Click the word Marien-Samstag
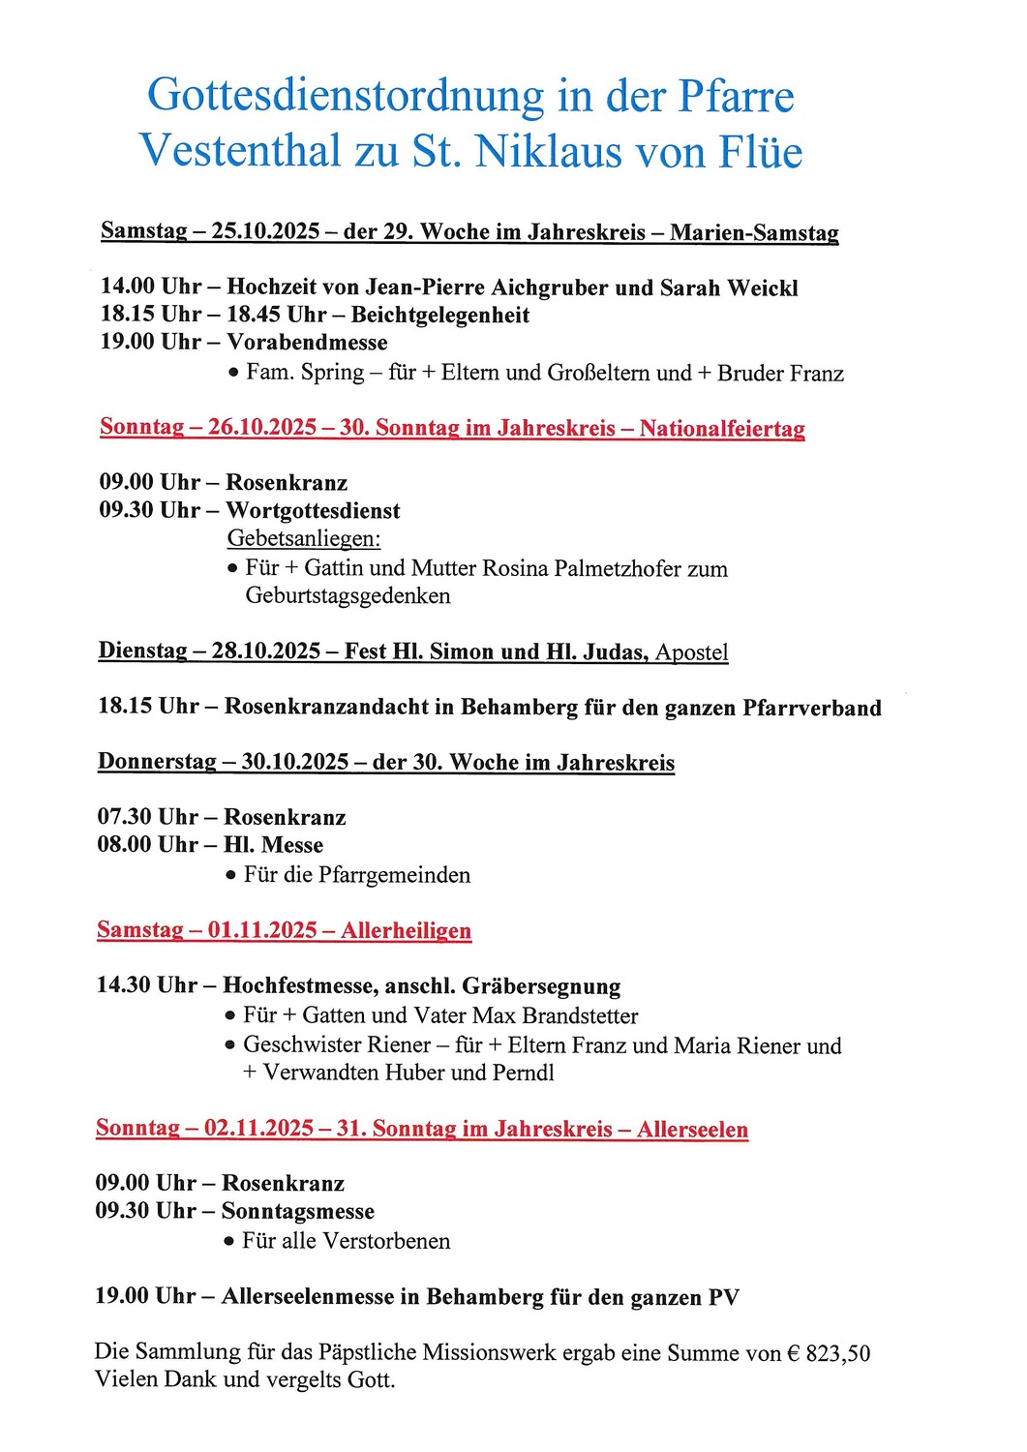coord(754,233)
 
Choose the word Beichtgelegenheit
coord(440,315)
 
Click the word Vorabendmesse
coord(307,343)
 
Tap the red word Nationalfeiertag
coord(722,429)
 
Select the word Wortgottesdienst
coord(313,511)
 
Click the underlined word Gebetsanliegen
coord(303,538)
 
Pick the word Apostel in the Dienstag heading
coord(691,652)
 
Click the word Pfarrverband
coord(811,708)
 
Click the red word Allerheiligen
coord(406,931)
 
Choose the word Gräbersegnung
coord(541,986)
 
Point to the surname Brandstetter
coord(580,1016)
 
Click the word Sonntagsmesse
coord(298,1212)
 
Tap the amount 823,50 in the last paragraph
coord(837,1353)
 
